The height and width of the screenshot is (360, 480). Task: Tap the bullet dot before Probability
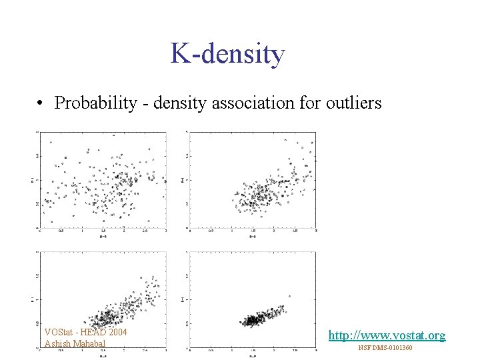pyautogui.click(x=41, y=104)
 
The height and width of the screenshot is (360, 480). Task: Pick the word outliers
pyautogui.click(x=353, y=103)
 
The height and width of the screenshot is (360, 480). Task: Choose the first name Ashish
pyautogui.click(x=56, y=344)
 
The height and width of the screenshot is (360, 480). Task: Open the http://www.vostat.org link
pyautogui.click(x=387, y=335)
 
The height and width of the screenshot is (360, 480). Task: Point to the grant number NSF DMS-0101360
pyautogui.click(x=385, y=348)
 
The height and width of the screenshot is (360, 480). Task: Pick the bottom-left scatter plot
pyautogui.click(x=103, y=299)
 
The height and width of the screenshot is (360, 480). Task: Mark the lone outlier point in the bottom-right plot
pyautogui.click(x=289, y=296)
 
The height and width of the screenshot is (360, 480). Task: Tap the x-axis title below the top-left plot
pyautogui.click(x=103, y=237)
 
